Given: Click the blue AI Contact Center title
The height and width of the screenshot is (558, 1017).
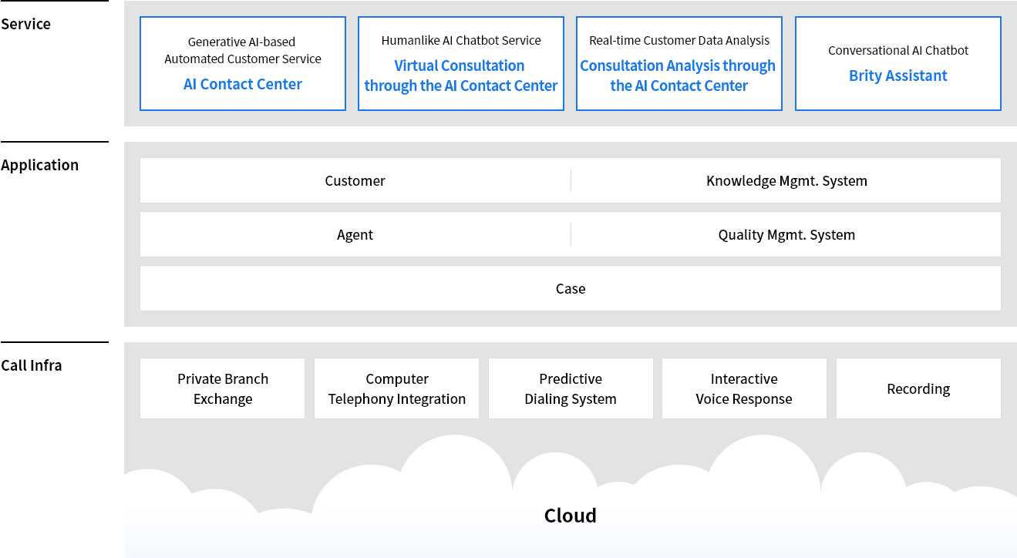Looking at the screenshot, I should click(243, 84).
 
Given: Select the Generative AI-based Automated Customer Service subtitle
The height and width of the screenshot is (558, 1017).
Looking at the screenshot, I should click(243, 50).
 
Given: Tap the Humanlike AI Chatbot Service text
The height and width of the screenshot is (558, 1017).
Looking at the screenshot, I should click(461, 40).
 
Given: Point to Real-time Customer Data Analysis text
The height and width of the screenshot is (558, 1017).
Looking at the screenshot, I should click(679, 40).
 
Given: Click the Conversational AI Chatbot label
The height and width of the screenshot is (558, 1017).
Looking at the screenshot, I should click(898, 50).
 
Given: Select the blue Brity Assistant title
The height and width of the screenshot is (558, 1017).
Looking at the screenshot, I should click(898, 76).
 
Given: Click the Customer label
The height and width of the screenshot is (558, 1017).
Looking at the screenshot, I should click(355, 180).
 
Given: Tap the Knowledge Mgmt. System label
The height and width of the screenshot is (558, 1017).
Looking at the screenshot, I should click(786, 180).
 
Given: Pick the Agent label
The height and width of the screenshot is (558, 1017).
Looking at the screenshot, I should click(355, 234).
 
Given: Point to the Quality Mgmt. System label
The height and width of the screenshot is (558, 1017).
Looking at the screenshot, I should click(786, 234).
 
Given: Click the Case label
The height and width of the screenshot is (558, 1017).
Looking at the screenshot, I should click(571, 288).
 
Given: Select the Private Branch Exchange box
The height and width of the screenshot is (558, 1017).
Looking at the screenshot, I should click(223, 388).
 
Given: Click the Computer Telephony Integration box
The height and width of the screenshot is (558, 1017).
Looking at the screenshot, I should click(397, 388).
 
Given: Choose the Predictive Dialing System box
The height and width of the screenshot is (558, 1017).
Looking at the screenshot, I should click(571, 388).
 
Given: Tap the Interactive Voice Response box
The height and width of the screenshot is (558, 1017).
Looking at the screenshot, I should click(744, 388).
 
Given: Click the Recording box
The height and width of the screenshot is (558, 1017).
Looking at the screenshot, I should click(918, 388).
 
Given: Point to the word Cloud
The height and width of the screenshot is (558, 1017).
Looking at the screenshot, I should click(571, 516).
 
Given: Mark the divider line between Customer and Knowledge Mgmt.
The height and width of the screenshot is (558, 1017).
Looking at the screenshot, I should click(571, 180).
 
